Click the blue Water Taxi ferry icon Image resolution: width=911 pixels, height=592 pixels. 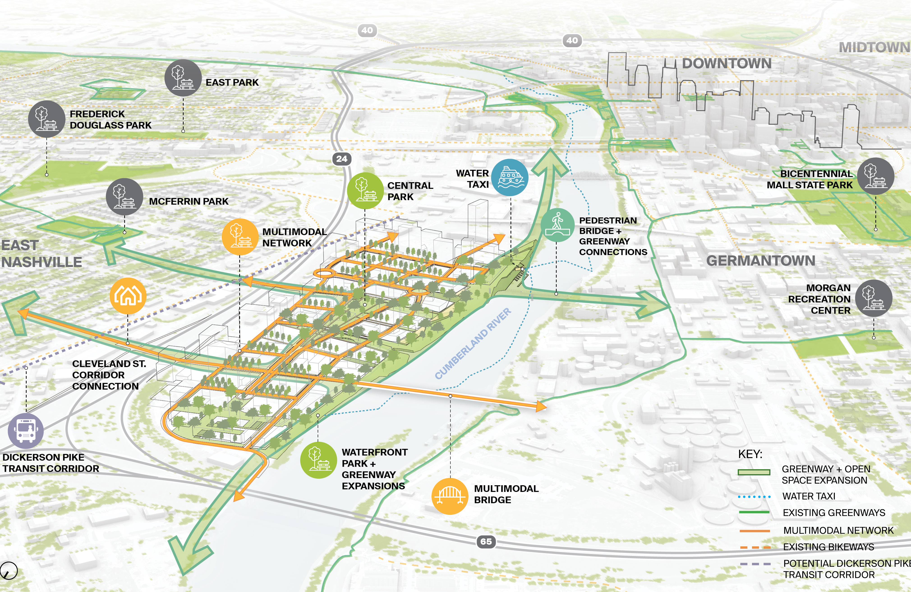(510, 178)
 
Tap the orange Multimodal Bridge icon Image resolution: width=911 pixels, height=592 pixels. (450, 496)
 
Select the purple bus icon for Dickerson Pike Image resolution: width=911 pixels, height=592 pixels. (26, 431)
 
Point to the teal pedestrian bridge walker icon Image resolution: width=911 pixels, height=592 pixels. (557, 225)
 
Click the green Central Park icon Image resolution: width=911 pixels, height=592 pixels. (365, 190)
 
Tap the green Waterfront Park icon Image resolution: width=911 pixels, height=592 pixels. (318, 460)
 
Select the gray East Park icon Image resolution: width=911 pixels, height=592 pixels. (183, 78)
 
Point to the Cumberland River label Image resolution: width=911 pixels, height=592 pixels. (473, 343)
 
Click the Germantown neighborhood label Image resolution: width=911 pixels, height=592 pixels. (761, 261)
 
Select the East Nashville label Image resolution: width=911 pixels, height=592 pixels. (41, 253)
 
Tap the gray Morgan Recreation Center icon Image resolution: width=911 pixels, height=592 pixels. (874, 298)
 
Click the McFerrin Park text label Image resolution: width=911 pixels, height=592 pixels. (189, 201)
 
